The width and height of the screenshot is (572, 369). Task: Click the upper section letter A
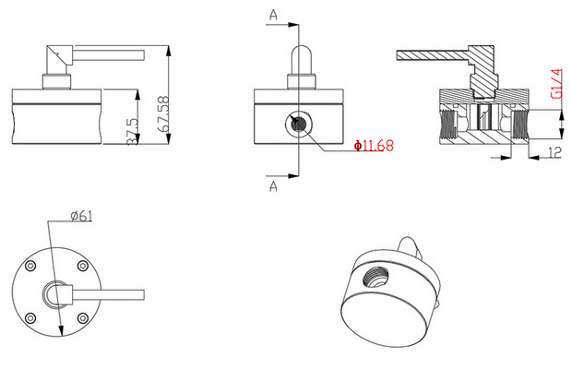[274, 16]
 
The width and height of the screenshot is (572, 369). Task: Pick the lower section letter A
[274, 185]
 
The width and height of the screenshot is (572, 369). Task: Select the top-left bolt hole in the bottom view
[32, 266]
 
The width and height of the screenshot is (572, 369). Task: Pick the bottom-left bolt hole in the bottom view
[32, 319]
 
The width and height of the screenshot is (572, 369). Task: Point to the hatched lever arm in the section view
[434, 57]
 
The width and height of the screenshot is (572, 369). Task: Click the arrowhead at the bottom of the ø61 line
[62, 339]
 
